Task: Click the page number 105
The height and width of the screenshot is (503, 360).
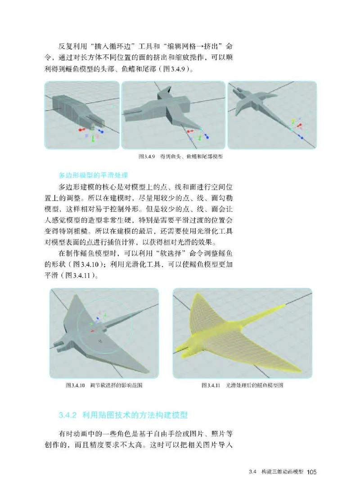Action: [312, 472]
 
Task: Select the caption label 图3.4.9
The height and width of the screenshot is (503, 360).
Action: [147, 157]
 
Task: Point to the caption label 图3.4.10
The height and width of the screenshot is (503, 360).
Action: [76, 386]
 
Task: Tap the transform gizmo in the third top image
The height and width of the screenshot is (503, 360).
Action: [297, 126]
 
